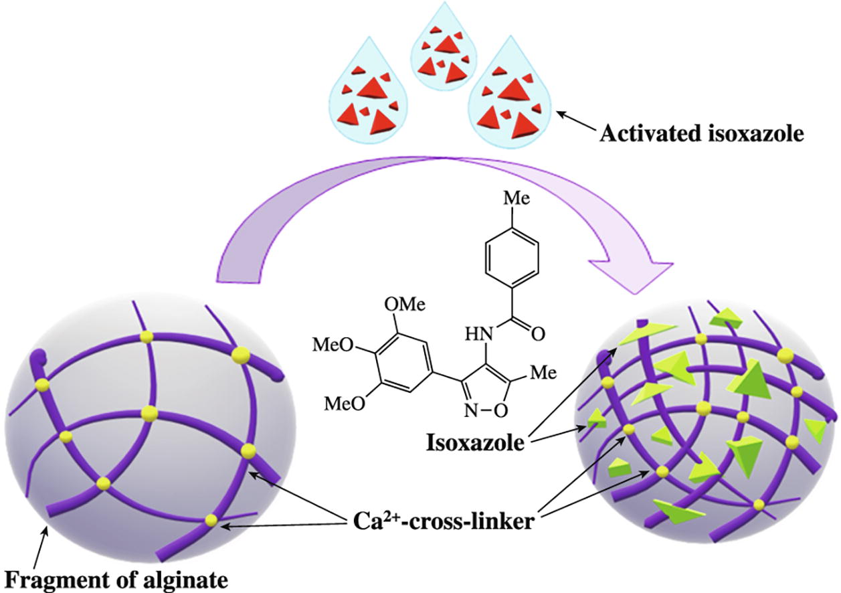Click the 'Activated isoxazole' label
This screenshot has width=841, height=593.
[700, 133]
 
